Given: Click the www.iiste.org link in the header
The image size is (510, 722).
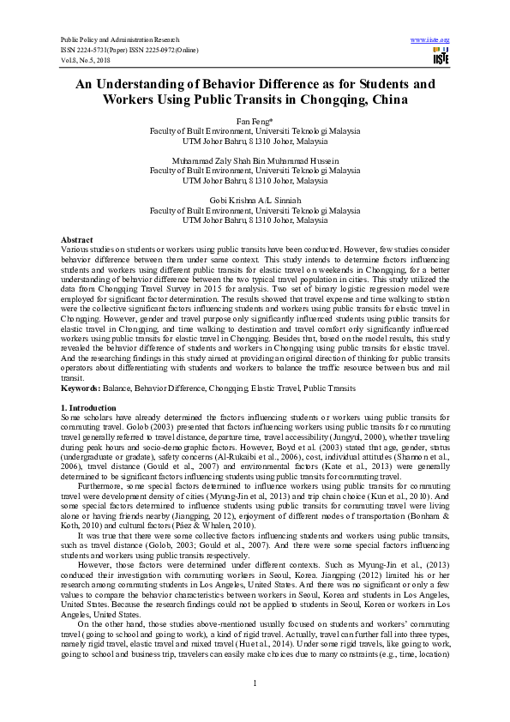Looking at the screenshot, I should [x=430, y=40].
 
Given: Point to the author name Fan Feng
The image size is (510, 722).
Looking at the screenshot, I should [x=253, y=123].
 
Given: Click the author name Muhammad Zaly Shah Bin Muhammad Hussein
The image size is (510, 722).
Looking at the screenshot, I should [x=255, y=160].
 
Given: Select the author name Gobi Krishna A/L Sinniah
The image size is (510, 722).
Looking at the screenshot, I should [x=255, y=199].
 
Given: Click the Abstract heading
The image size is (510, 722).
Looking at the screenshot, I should [x=78, y=238].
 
